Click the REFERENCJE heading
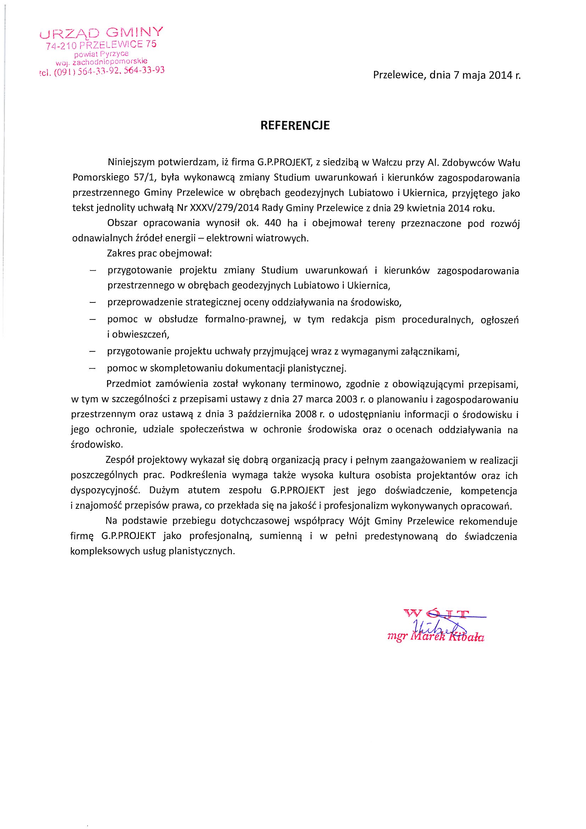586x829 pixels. (295, 125)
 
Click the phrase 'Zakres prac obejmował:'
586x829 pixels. (159, 254)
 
